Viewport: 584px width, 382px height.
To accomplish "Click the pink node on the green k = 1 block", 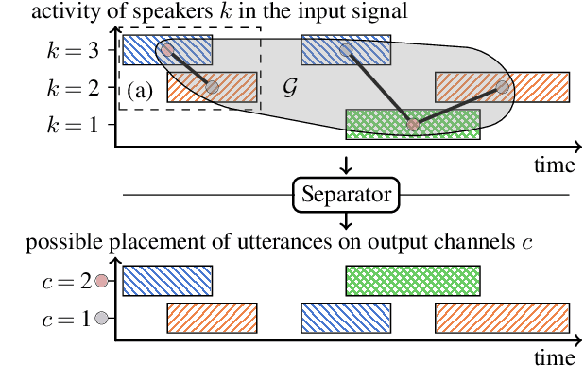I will [412, 124].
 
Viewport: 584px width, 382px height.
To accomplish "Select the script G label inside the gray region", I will [291, 87].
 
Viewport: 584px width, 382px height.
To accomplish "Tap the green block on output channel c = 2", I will [413, 281].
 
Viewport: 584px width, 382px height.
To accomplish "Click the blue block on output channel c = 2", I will [167, 281].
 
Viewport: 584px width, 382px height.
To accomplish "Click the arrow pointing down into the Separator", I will [346, 165].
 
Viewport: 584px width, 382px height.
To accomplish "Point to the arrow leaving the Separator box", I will [346, 222].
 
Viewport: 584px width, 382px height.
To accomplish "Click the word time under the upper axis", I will [553, 165].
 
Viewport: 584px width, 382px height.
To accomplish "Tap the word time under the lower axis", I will [553, 358].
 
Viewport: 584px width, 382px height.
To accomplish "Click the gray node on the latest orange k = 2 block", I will [503, 87].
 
